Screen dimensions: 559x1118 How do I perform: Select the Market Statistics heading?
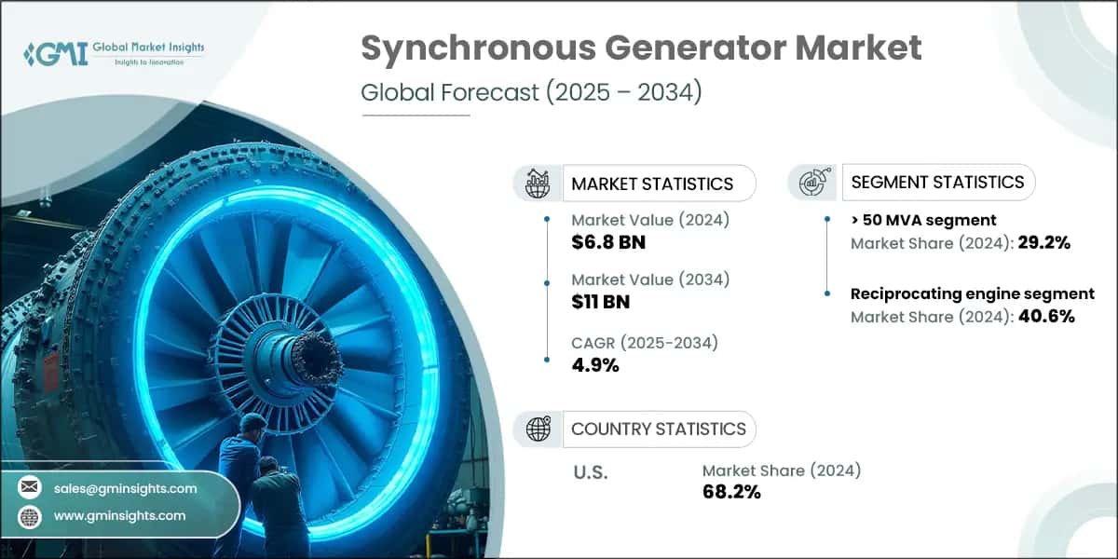[x=652, y=184]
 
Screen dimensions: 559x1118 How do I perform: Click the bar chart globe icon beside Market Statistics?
[x=537, y=183]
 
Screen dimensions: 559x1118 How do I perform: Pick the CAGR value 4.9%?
[x=595, y=364]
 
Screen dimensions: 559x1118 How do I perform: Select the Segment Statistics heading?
[x=938, y=182]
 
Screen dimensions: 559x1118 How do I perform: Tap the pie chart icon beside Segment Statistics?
[x=813, y=183]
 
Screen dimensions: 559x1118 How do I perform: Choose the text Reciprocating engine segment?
[x=972, y=294]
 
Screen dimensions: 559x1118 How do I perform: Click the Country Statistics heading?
[x=658, y=429]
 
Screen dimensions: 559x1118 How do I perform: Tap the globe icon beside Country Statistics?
[x=537, y=429]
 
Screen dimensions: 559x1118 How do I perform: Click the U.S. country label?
[x=590, y=472]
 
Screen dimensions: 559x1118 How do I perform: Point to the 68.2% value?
[x=731, y=492]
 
